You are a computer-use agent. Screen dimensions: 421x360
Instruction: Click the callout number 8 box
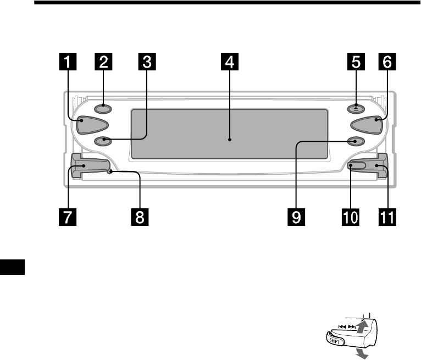coord(140,217)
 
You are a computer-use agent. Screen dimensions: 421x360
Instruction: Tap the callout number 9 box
coord(297,217)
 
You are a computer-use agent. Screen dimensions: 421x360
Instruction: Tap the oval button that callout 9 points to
coord(356,141)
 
